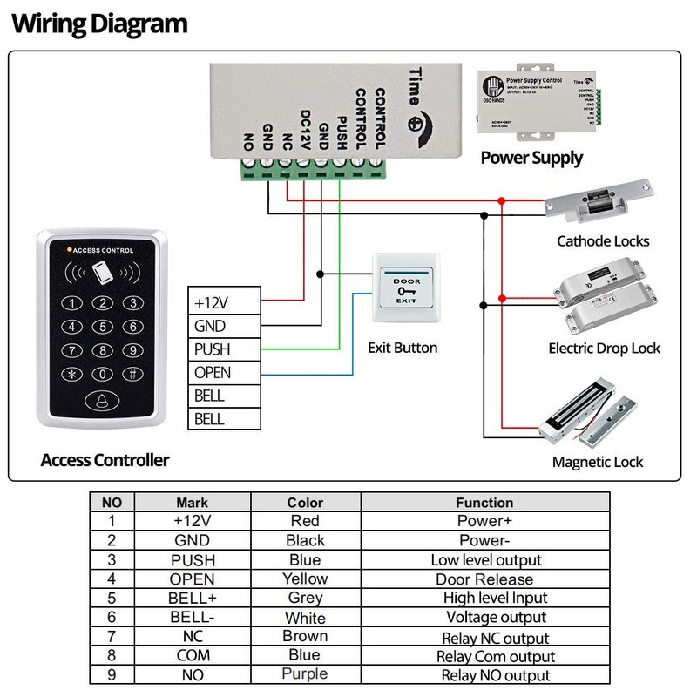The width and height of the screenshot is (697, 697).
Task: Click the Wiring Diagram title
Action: point(99,23)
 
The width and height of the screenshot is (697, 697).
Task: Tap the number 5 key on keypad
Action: point(103,328)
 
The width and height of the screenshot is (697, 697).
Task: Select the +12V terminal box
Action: point(224,302)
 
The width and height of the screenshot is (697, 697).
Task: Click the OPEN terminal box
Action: point(224,373)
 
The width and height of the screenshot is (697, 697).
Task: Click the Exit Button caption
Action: point(403,348)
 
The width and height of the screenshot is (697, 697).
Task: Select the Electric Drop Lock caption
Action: point(604,348)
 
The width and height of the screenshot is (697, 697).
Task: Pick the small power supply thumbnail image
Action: point(540,105)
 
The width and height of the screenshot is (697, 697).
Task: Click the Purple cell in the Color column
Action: point(305,673)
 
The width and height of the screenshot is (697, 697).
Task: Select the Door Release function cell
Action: point(484,579)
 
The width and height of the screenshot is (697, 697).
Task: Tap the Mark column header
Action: point(193,503)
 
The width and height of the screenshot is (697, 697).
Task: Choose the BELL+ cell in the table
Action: point(193,598)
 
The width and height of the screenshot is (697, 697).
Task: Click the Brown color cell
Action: point(305,636)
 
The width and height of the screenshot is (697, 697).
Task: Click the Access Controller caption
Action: point(105,460)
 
